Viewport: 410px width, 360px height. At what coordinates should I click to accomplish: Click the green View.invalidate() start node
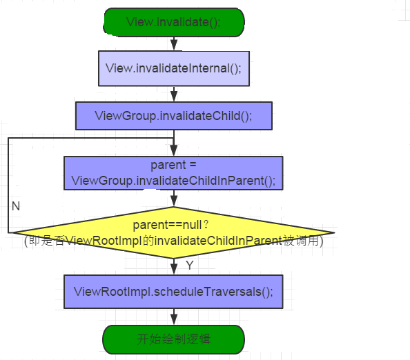click(x=174, y=22)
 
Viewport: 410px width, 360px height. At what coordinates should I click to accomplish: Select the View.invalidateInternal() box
click(x=174, y=68)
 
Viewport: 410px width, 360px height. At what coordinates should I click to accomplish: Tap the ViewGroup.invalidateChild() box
click(x=174, y=116)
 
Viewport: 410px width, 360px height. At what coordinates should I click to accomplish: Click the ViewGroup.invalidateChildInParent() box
click(x=173, y=173)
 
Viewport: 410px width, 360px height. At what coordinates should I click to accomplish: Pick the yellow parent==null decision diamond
click(x=173, y=232)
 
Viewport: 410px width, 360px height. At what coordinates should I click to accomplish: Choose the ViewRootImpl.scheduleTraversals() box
click(x=173, y=292)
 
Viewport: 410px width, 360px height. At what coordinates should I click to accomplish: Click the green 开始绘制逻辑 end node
click(x=174, y=339)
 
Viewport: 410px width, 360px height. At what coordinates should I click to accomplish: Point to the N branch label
click(x=16, y=206)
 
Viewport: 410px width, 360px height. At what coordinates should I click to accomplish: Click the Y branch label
click(x=190, y=265)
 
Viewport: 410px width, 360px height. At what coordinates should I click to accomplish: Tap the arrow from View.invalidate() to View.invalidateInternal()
click(x=174, y=43)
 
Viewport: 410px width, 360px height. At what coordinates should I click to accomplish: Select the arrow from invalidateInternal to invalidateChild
click(x=174, y=94)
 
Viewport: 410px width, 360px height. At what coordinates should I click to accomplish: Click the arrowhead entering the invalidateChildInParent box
click(x=174, y=151)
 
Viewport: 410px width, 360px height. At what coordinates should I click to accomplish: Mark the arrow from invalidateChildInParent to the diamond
click(x=174, y=199)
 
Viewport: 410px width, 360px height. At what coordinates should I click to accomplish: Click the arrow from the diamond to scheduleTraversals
click(x=174, y=266)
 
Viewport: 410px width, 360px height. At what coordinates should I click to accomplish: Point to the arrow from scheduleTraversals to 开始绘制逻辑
click(x=174, y=317)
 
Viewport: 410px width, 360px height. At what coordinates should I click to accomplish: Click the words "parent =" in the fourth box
click(x=173, y=166)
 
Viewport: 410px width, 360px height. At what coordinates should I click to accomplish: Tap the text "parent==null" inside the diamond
click(x=167, y=225)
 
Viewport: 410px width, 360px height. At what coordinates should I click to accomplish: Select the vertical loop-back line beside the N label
click(x=8, y=186)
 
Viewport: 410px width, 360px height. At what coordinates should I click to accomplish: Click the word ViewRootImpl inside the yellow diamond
click(x=104, y=241)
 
